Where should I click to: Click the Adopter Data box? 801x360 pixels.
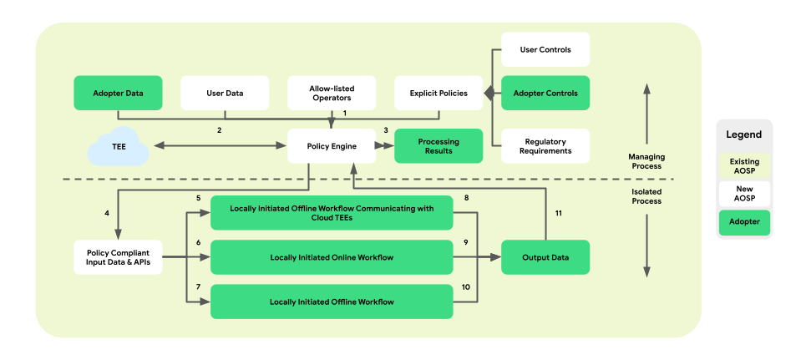(x=117, y=93)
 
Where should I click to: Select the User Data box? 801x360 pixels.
(x=225, y=93)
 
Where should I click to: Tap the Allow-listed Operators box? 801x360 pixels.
(x=332, y=93)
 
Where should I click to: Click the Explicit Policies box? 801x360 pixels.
(x=439, y=93)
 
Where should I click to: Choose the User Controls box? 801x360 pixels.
(x=545, y=50)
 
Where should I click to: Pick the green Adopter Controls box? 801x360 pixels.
(x=545, y=93)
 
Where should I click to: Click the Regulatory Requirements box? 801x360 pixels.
(x=545, y=146)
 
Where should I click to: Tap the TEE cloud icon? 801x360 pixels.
(x=119, y=147)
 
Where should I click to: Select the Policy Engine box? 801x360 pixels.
(x=332, y=146)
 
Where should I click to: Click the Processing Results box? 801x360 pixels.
(x=439, y=146)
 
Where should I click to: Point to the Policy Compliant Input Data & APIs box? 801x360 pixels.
(x=117, y=257)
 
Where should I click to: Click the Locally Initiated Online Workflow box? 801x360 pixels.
(x=332, y=257)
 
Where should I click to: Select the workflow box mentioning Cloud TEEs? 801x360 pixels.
(x=332, y=213)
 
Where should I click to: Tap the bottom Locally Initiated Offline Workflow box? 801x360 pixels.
(x=332, y=302)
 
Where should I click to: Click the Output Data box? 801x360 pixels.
(x=545, y=257)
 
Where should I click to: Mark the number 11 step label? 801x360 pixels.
(x=559, y=213)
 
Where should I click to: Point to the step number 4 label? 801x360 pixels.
(x=107, y=213)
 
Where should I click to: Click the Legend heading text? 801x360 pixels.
(x=743, y=134)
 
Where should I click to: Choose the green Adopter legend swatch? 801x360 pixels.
(x=743, y=223)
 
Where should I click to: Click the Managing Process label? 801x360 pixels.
(x=645, y=160)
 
